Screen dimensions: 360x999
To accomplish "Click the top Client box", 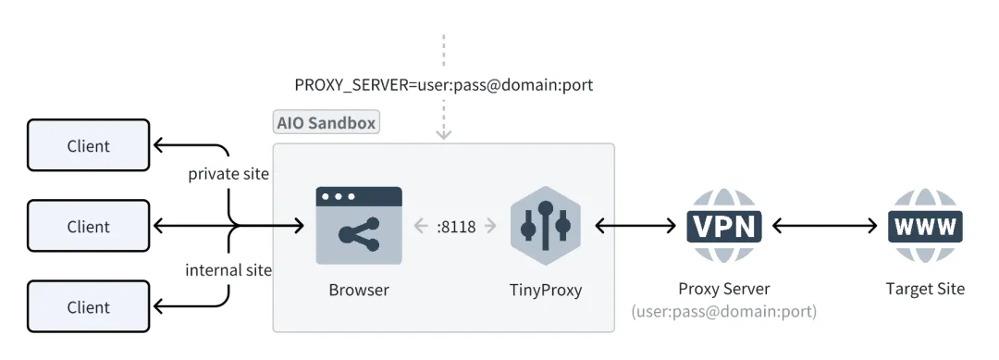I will [x=88, y=145].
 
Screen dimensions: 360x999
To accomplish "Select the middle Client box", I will [x=88, y=226].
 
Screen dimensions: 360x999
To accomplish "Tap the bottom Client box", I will [x=88, y=307].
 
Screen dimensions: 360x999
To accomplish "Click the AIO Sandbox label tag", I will [x=327, y=122].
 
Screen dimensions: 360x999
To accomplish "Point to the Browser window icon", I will [x=359, y=226].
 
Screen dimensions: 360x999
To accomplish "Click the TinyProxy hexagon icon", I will [x=545, y=226].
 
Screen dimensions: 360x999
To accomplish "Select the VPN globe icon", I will [x=724, y=226].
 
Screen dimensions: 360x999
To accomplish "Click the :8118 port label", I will [x=455, y=226].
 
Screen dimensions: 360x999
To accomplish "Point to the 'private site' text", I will [x=228, y=174].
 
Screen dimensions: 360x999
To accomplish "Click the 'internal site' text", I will [x=228, y=270].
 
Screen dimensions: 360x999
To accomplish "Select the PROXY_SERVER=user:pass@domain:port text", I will [x=443, y=85].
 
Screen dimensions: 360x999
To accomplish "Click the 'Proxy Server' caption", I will [x=723, y=289].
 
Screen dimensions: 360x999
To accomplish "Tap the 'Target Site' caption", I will [x=925, y=289].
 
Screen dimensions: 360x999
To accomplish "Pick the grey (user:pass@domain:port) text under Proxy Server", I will [x=723, y=312].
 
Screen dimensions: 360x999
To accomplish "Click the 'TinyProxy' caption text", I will [x=546, y=290].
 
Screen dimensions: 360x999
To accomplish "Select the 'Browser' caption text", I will [x=359, y=290].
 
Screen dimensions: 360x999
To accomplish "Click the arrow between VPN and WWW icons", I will [x=824, y=226].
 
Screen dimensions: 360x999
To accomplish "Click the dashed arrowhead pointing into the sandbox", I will [x=444, y=133].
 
